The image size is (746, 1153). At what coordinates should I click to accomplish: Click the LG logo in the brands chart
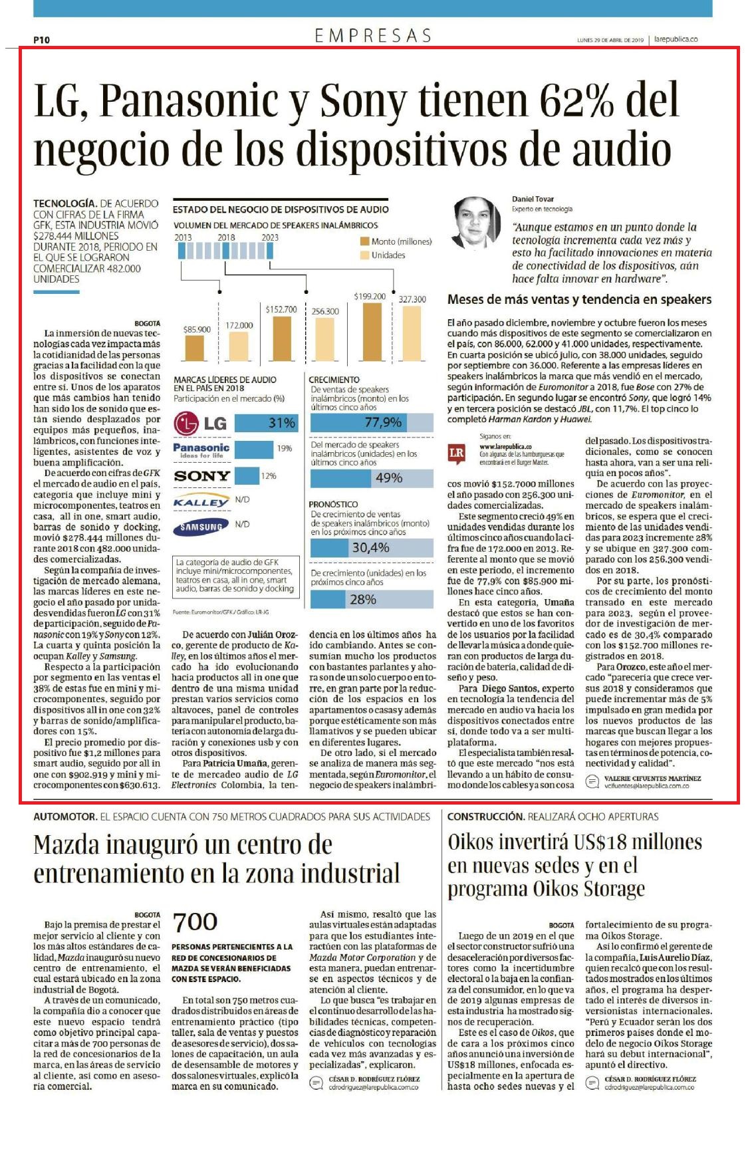200,423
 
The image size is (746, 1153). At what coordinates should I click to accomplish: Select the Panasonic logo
201,450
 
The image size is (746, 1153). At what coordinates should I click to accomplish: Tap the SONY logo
201,476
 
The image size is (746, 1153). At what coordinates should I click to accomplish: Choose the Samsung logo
201,527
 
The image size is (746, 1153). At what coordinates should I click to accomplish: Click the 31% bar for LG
265,423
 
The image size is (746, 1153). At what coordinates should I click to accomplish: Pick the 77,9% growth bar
372,422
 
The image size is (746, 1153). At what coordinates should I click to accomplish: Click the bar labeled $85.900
195,348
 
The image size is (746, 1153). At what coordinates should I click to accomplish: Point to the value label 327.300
412,299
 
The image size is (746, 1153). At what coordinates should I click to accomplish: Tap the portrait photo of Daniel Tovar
476,221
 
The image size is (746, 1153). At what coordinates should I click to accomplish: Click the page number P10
41,40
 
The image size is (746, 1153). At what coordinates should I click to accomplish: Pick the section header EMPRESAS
373,36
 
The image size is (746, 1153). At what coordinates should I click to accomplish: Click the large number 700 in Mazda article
195,922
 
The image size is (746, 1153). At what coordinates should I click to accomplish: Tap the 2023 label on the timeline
270,237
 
